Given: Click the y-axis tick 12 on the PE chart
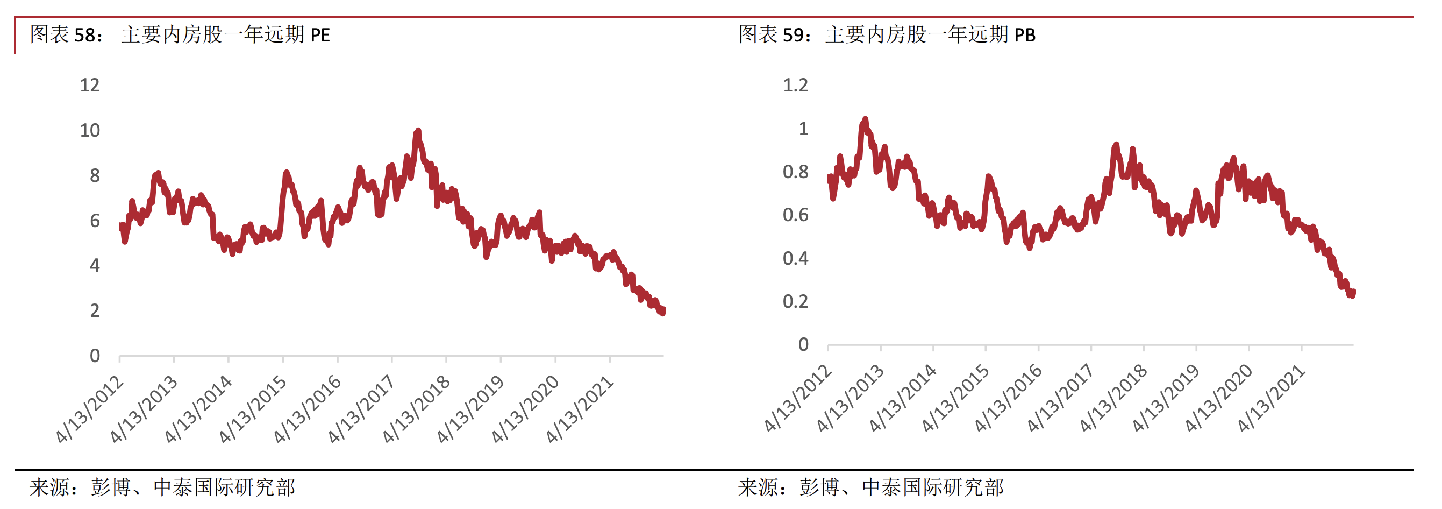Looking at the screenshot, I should (90, 85).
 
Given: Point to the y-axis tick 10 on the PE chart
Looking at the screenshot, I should (90, 130).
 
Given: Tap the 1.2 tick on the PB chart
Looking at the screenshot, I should (795, 85).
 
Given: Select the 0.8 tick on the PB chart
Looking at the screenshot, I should (795, 172).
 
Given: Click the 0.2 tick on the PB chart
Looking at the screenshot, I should (795, 302).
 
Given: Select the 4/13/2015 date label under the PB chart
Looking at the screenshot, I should (955, 398).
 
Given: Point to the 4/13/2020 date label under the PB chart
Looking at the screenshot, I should (1219, 398).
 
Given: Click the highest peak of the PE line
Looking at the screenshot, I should (418, 132).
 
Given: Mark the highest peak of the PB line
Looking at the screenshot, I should (865, 120).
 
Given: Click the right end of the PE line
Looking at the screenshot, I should (663, 312).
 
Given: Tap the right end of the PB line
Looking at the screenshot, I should (1352, 293).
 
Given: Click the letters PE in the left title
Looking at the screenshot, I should (320, 36).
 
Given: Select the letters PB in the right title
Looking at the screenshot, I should (1025, 36).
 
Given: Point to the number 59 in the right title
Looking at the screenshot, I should (793, 36).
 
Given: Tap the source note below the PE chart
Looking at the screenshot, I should (162, 487).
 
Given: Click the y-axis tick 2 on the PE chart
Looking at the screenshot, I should (95, 311).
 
